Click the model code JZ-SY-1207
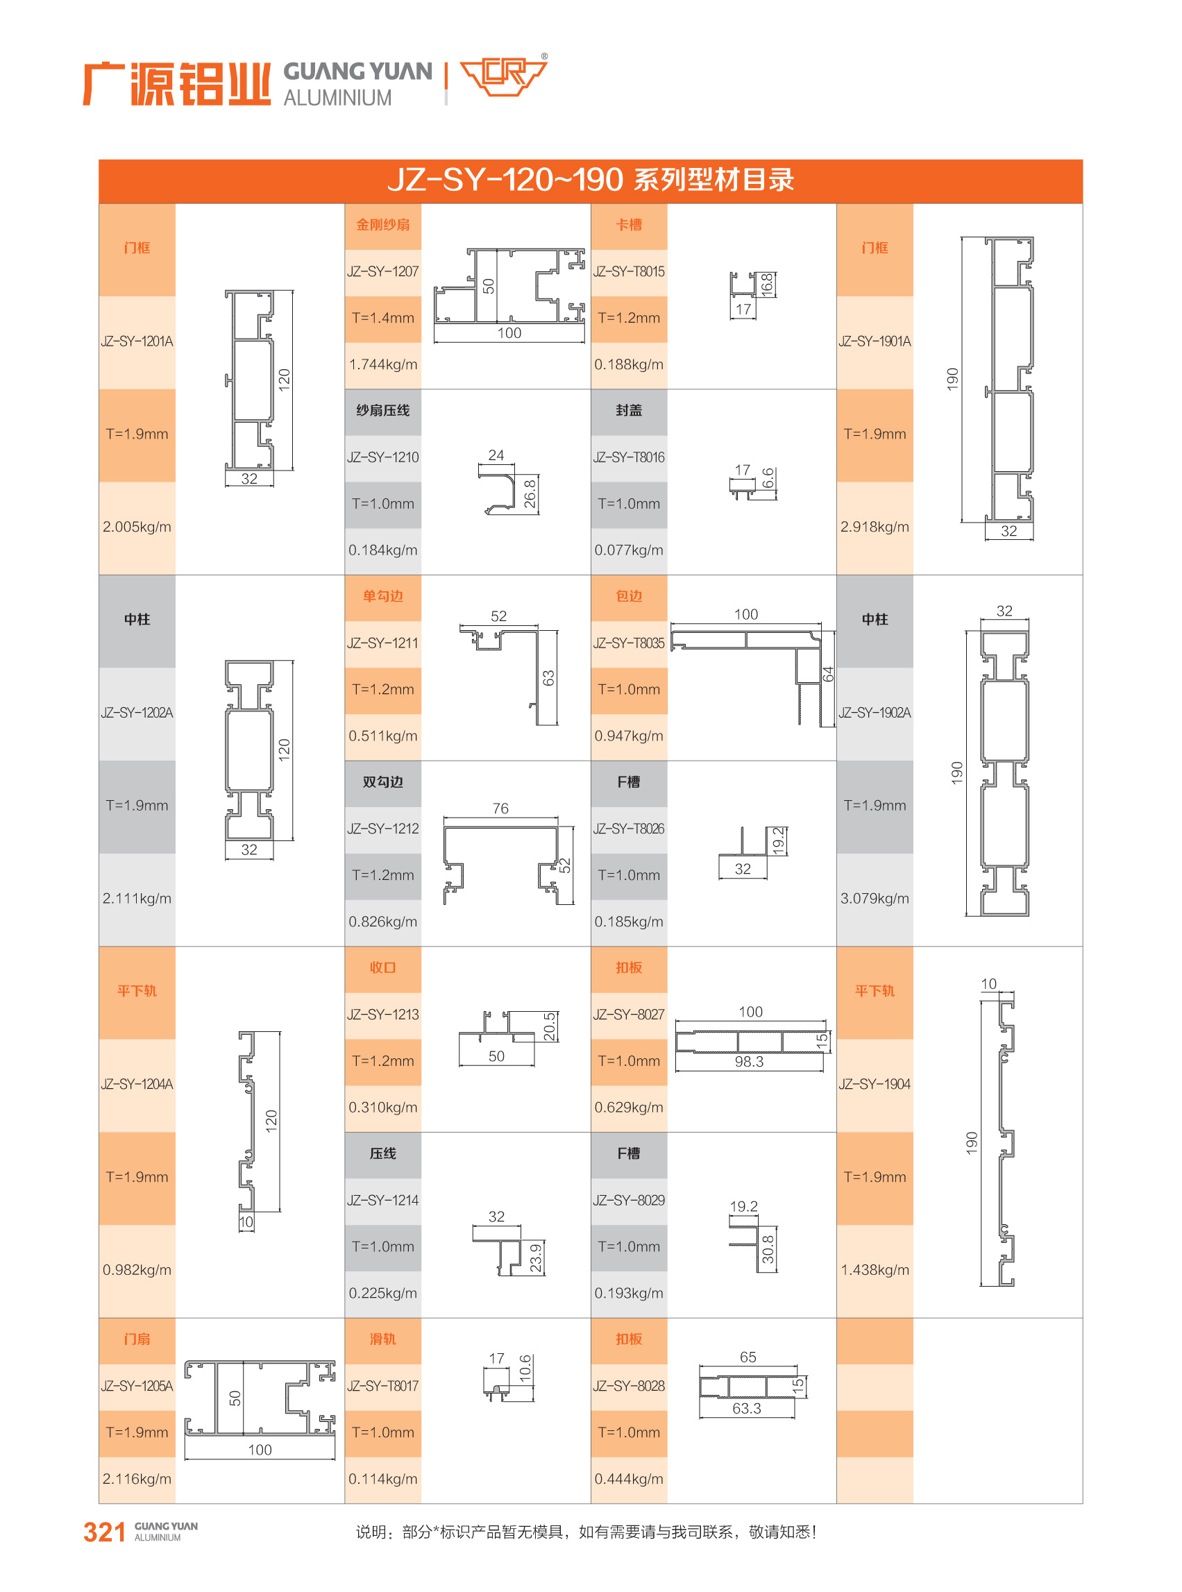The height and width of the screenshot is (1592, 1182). point(383,272)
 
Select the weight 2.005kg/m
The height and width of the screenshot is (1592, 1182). point(137,527)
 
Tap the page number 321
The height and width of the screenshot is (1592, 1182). point(105,1532)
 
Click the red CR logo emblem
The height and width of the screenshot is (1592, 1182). point(503,75)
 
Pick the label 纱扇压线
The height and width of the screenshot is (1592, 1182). point(383,411)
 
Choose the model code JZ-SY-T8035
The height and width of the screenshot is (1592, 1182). point(629,643)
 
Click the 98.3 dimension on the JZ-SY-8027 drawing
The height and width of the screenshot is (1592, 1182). point(748,1062)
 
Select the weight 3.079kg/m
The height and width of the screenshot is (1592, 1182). point(875,899)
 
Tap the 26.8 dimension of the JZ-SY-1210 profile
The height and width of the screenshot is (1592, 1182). point(530,493)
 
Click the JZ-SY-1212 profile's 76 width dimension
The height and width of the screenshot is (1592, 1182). point(500,808)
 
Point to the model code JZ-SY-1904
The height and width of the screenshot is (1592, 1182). point(875,1084)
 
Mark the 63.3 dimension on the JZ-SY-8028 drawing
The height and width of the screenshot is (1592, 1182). point(746,1408)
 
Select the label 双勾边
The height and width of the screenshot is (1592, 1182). point(383,782)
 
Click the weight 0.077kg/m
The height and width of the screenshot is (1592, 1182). point(629,550)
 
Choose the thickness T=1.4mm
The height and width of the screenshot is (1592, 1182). point(383,319)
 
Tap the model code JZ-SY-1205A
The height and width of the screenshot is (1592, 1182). point(137,1386)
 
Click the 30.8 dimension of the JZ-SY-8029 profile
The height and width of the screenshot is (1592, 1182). point(768,1249)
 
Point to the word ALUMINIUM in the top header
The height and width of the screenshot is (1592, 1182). point(338,98)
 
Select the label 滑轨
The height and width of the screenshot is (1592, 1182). point(383,1339)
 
